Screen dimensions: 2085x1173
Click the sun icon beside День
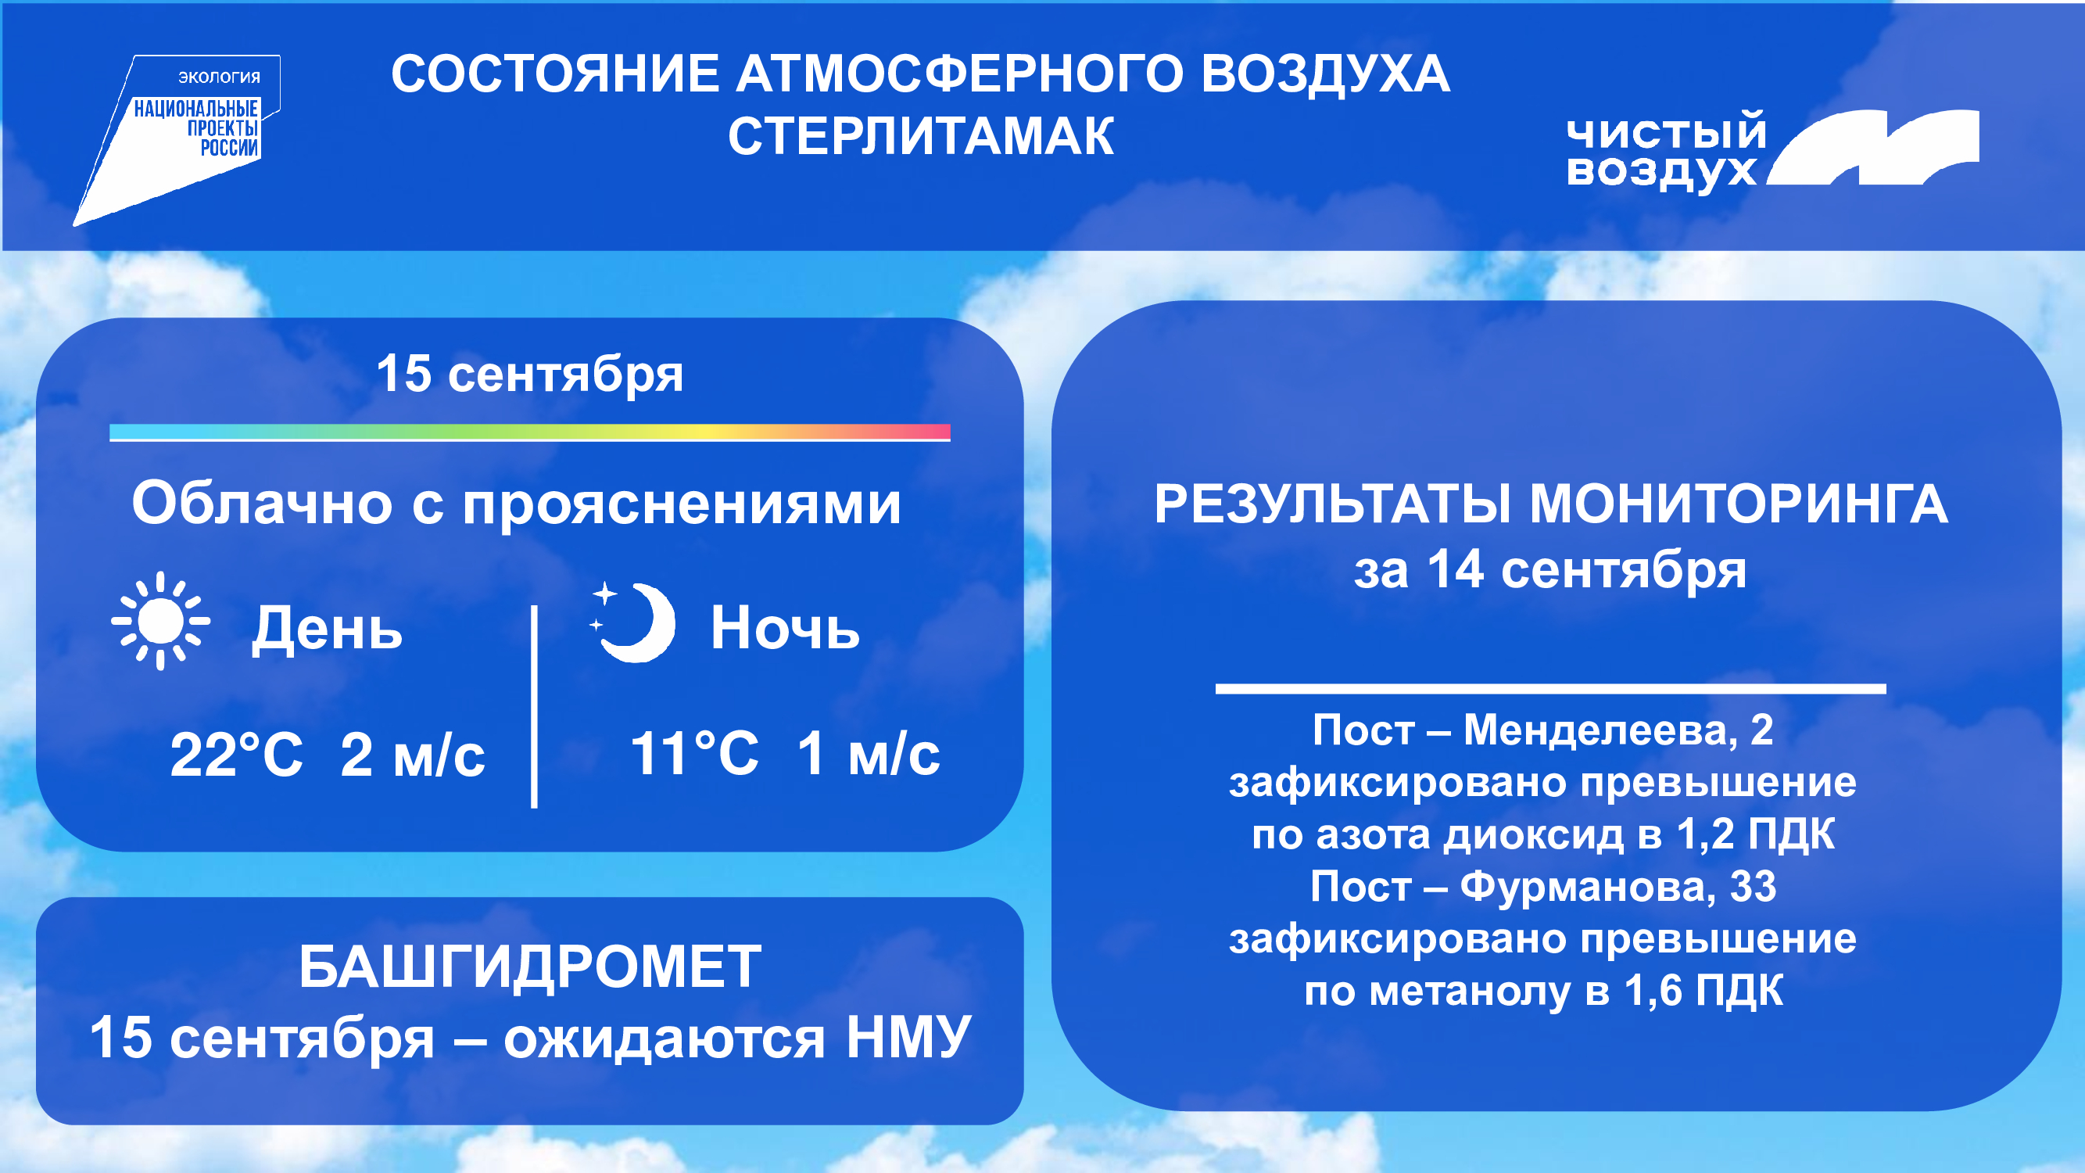[160, 621]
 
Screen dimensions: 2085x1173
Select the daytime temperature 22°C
[236, 755]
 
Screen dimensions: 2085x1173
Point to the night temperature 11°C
[694, 754]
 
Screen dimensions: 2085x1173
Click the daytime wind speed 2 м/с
[413, 755]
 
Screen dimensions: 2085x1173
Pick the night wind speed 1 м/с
[869, 754]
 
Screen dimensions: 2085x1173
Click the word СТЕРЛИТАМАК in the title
[921, 136]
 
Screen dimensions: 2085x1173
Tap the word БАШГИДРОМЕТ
[530, 967]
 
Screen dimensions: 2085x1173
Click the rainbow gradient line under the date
[530, 432]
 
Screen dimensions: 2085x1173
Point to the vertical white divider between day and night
[534, 706]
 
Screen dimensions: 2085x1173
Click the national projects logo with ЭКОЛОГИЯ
[177, 140]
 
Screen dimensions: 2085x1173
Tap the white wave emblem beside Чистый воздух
[1872, 147]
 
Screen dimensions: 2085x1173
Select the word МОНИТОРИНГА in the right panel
[1739, 504]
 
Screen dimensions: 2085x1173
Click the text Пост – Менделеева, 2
[1542, 730]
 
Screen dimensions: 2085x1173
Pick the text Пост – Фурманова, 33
[1543, 887]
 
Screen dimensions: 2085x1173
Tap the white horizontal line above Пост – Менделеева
[1551, 689]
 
